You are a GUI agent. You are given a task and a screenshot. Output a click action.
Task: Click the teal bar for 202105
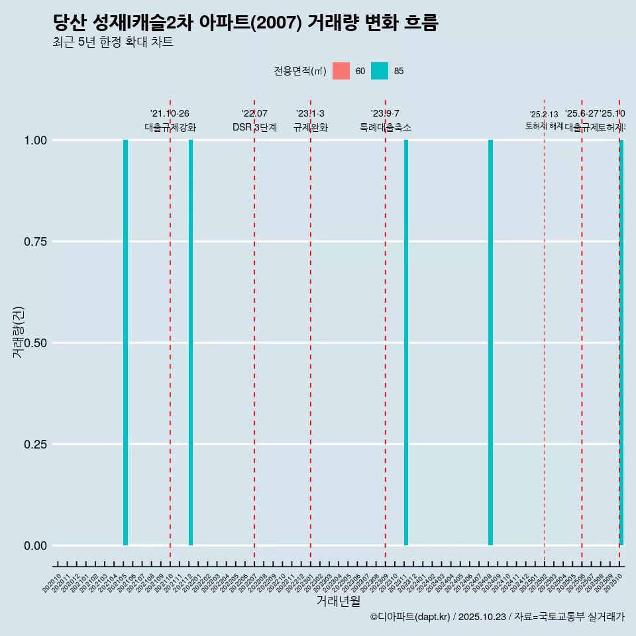125,343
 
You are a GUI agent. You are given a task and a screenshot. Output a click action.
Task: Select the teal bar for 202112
191,343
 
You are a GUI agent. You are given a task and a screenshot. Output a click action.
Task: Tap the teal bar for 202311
406,343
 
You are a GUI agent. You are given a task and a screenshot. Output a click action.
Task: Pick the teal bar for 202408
490,343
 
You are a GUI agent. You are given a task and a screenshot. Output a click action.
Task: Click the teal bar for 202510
621,343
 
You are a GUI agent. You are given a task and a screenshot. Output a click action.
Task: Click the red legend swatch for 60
341,71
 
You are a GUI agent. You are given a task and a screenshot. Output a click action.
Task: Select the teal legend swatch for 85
380,71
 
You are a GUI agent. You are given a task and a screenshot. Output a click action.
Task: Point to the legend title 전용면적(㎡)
299,71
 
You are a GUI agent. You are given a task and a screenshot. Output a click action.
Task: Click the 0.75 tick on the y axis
35,241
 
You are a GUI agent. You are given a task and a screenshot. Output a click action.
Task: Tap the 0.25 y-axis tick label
35,444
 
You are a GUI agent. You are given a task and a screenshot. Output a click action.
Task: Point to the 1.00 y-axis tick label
35,140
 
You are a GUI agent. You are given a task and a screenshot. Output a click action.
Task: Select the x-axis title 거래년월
338,601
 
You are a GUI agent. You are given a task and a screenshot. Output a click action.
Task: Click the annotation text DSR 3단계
254,127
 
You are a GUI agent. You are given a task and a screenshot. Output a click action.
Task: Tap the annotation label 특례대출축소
386,127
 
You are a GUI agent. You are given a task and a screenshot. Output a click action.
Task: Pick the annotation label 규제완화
311,127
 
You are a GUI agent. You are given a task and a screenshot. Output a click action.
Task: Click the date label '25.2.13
544,115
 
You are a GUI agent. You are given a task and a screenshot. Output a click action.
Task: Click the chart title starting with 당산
245,23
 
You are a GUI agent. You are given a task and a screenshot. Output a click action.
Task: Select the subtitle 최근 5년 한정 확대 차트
113,42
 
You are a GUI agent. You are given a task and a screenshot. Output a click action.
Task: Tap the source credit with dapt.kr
497,617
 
